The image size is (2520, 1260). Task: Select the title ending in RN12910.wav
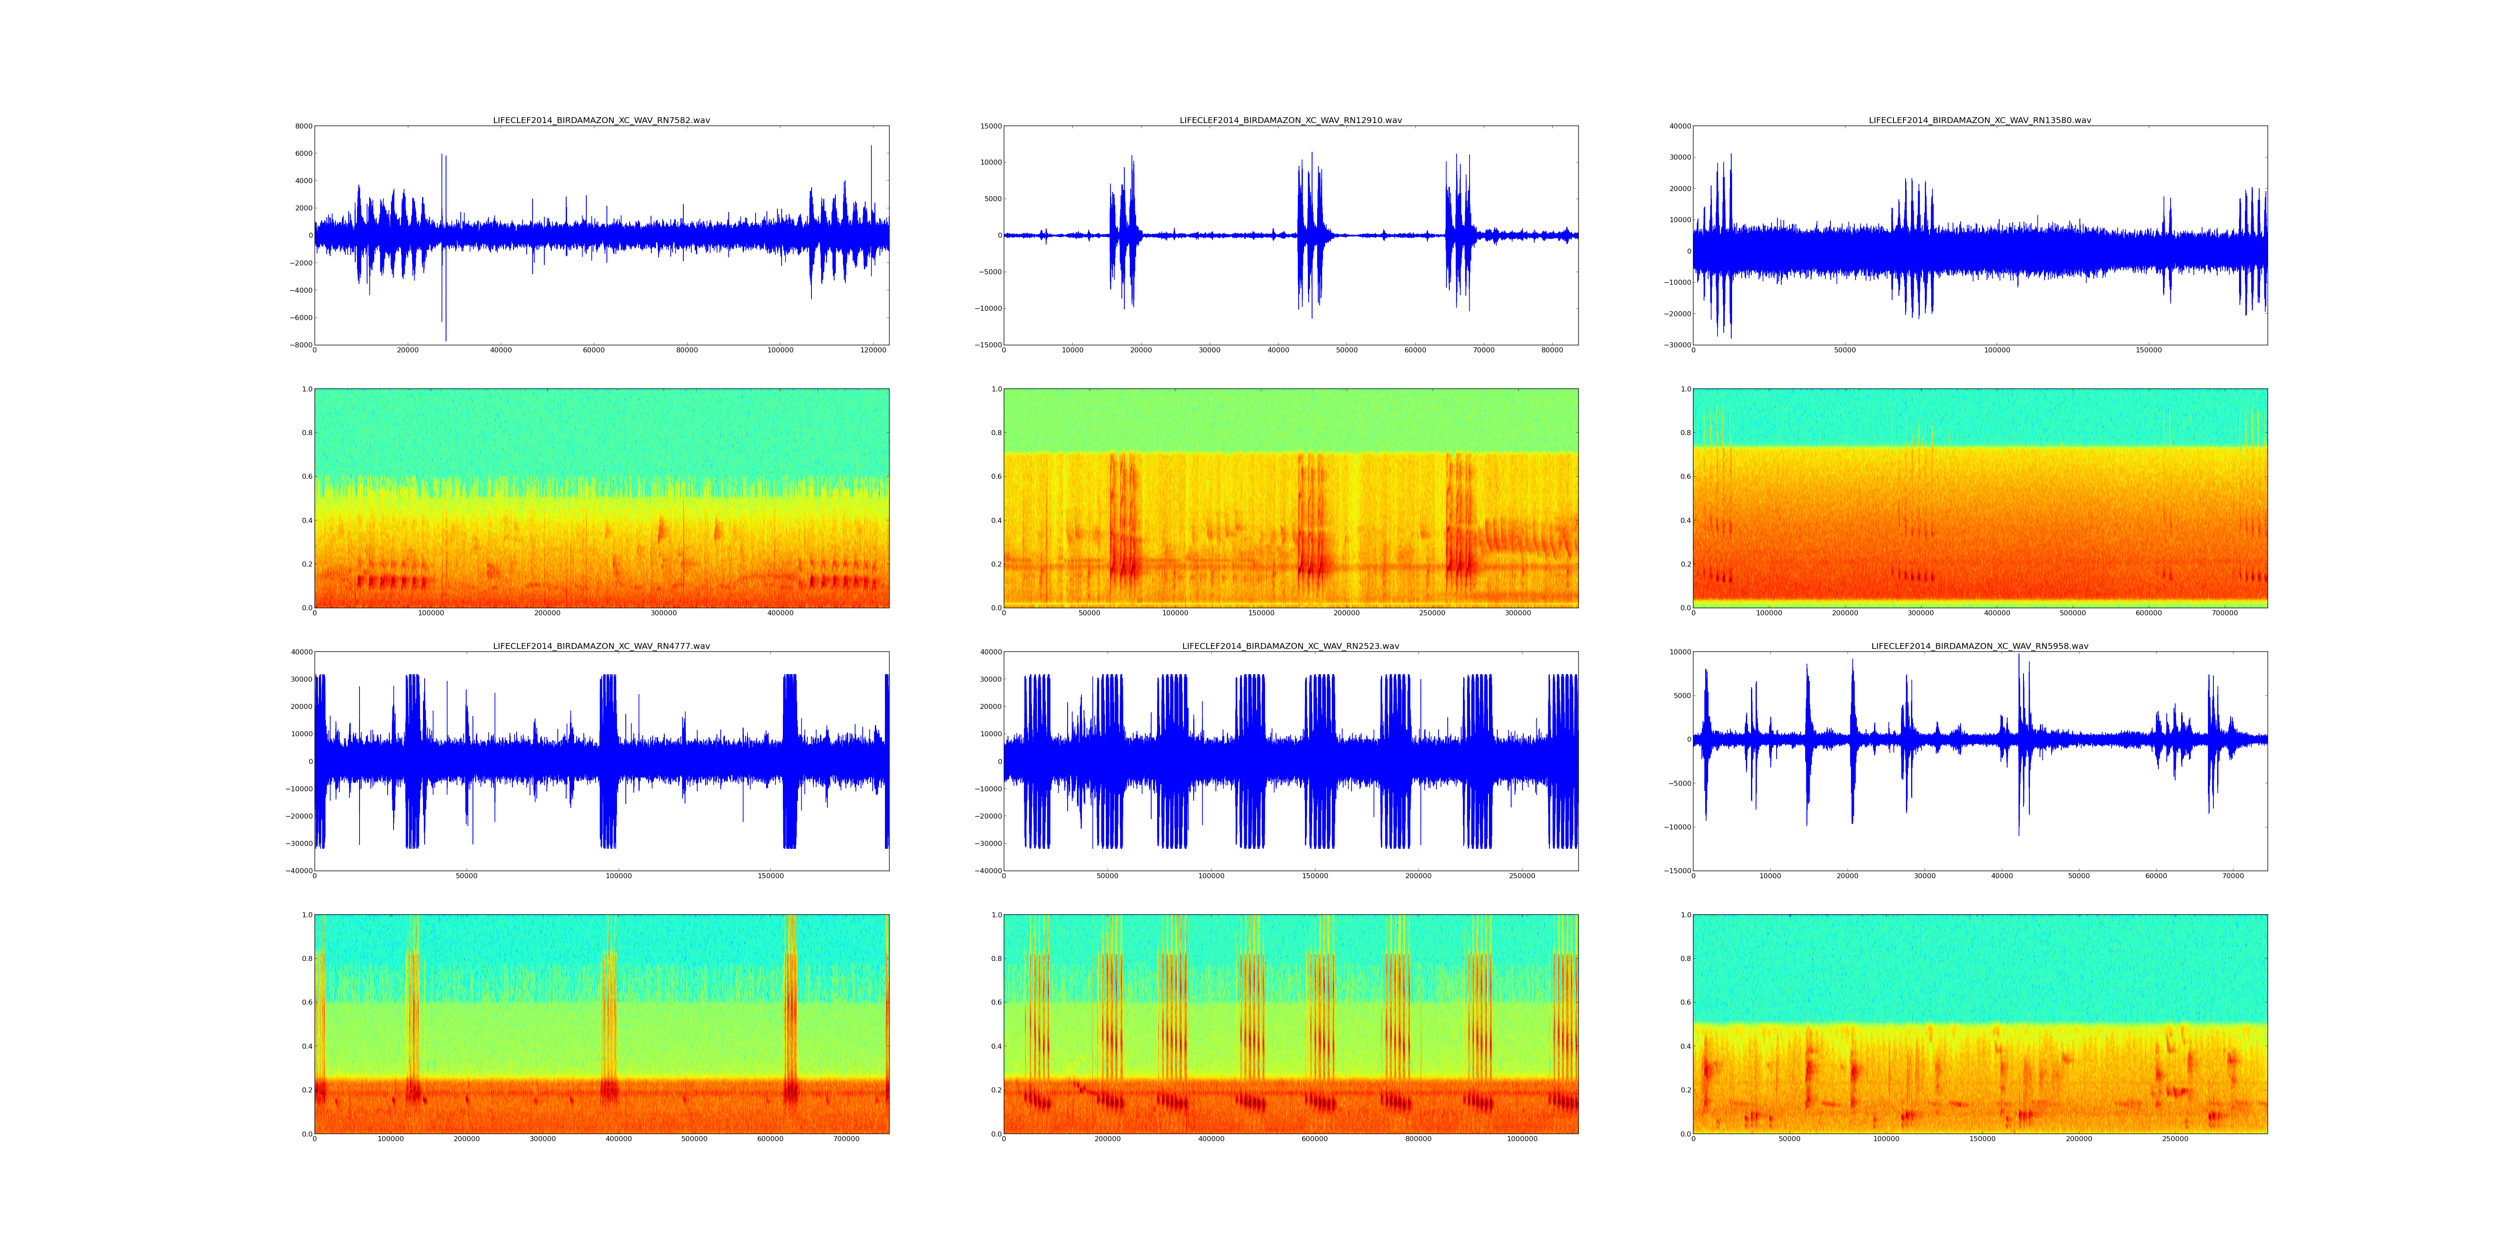(1290, 120)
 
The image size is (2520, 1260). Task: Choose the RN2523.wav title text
(1290, 647)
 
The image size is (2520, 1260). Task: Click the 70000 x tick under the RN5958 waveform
(2232, 877)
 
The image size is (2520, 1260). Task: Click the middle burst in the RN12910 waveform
(1311, 235)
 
